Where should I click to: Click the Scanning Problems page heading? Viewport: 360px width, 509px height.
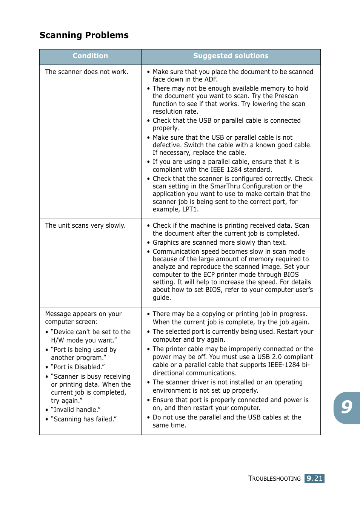coord(84,35)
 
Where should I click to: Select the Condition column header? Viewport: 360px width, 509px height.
coord(90,56)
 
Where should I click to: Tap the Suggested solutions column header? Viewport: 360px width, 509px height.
coord(231,56)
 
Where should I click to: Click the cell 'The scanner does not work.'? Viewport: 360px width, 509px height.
coord(86,72)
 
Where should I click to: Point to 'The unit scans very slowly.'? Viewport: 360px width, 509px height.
coord(85,225)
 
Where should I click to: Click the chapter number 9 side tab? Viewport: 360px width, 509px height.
coord(347,407)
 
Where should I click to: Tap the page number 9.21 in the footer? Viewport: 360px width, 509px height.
coord(314,478)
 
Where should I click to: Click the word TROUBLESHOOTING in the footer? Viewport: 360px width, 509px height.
coord(274,478)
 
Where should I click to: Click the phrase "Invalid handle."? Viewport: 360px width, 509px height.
coord(76,410)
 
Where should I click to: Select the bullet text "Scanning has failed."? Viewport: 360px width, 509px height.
coord(84,419)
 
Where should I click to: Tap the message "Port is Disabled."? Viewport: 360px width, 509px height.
coord(78,367)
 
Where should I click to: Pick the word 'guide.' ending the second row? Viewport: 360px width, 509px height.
coord(162,298)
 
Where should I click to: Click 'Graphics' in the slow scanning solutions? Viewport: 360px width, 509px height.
coord(166,242)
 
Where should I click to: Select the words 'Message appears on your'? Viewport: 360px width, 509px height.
coord(83,314)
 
